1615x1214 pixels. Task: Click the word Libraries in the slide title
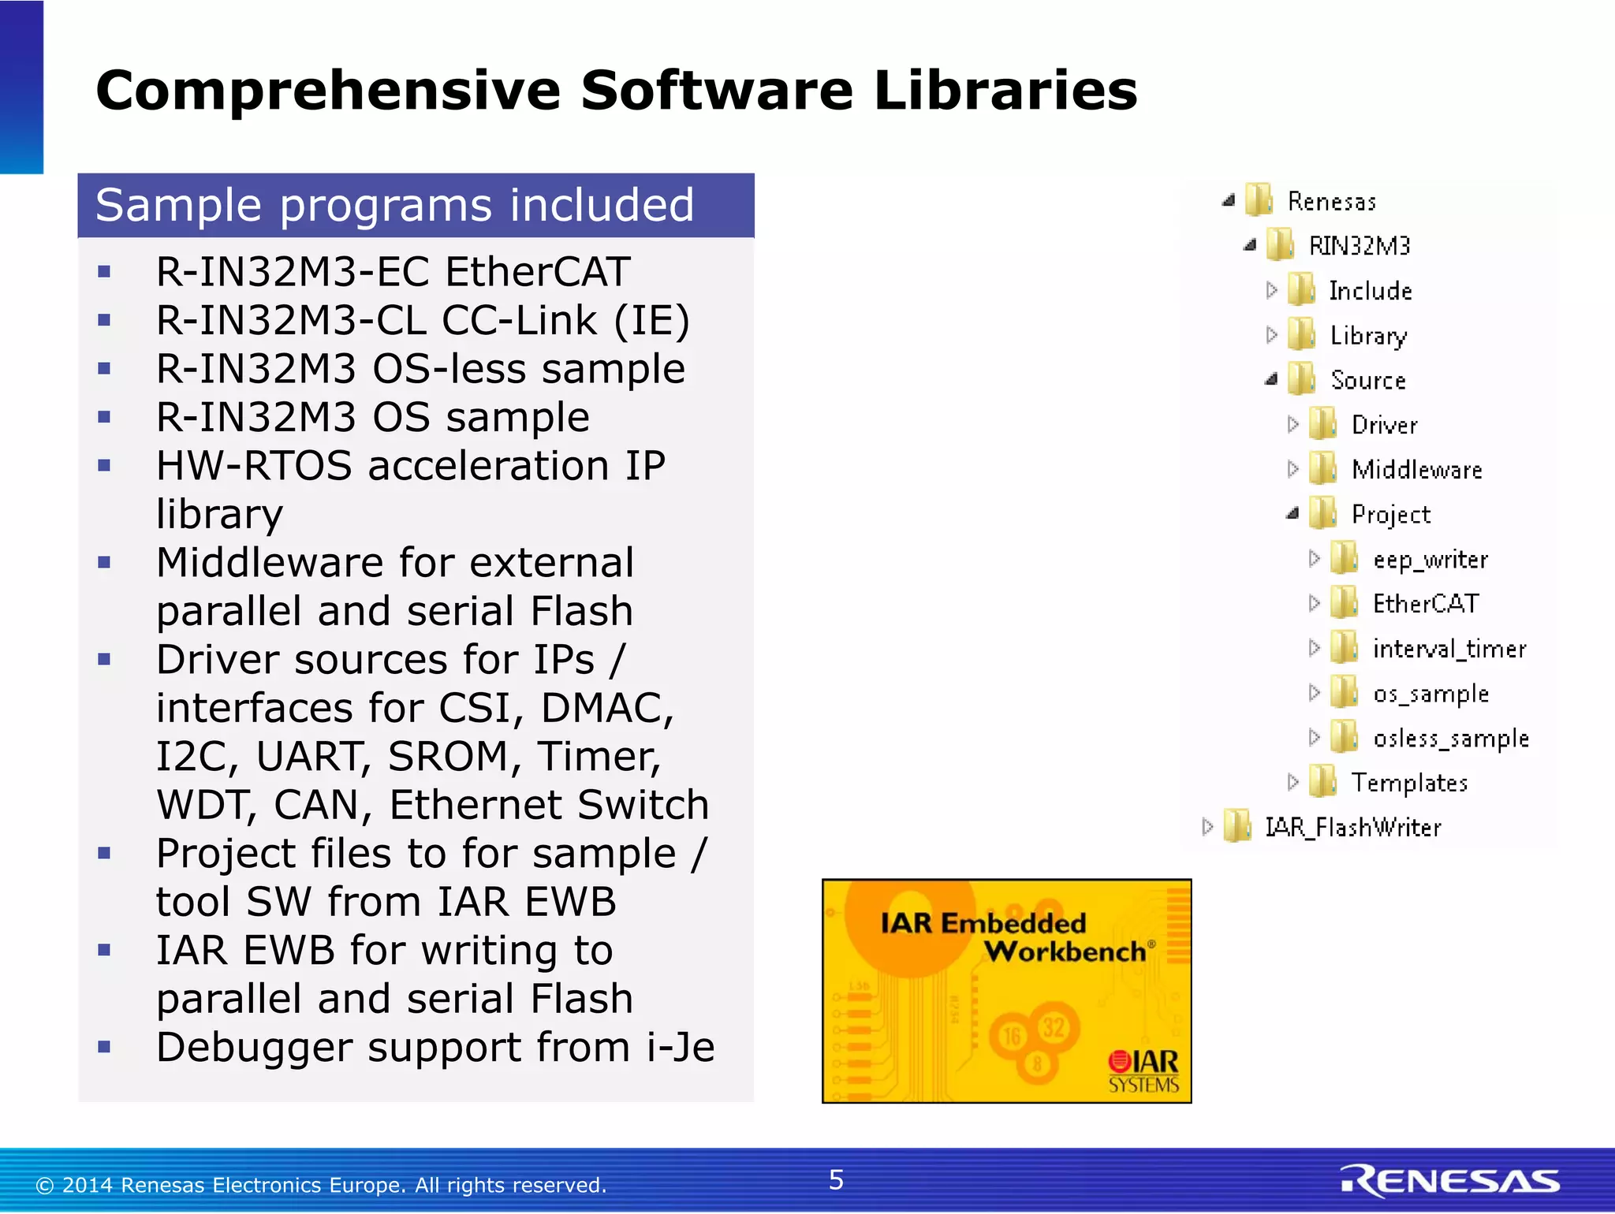click(x=1005, y=90)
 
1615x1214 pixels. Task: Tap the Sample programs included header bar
click(x=416, y=206)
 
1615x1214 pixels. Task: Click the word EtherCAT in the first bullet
click(x=538, y=272)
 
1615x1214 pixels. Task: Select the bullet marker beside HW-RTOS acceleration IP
click(x=104, y=466)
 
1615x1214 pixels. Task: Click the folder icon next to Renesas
click(x=1259, y=200)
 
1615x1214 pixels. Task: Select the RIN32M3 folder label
click(x=1360, y=246)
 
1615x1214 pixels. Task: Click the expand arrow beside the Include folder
click(x=1271, y=290)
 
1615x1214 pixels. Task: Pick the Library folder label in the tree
click(x=1368, y=336)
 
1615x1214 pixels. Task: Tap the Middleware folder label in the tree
click(x=1417, y=470)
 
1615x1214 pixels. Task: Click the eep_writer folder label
click(x=1430, y=560)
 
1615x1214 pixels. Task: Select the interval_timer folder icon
click(x=1343, y=648)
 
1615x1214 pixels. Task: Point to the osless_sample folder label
click(x=1451, y=739)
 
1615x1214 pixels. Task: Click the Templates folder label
click(x=1409, y=783)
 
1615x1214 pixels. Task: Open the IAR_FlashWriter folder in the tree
click(x=1352, y=828)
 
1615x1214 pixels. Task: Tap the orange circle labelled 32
click(x=1054, y=1026)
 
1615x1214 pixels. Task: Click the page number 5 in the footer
click(x=836, y=1180)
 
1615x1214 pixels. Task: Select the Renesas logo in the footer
click(x=1449, y=1180)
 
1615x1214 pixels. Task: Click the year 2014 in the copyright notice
click(x=88, y=1186)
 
